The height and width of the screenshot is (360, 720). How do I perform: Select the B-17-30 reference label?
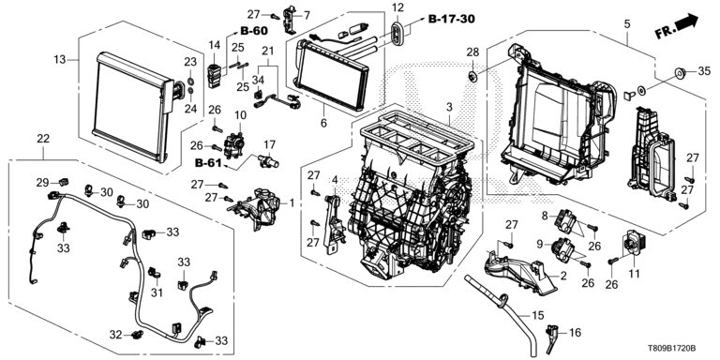tap(451, 19)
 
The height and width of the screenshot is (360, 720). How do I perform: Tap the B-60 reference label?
tap(253, 31)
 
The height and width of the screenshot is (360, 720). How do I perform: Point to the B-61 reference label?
tap(208, 162)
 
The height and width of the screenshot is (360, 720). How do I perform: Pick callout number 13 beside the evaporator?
tap(60, 59)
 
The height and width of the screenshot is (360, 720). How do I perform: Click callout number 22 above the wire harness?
tap(43, 139)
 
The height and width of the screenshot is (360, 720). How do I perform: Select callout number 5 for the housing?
tap(627, 22)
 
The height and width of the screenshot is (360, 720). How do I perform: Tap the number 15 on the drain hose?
tap(538, 315)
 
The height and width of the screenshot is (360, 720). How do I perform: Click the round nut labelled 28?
tap(472, 75)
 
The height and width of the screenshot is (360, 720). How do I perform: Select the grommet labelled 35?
tap(680, 72)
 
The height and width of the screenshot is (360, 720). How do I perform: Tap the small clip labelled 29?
tap(64, 181)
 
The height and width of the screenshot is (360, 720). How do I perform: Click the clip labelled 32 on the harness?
tap(136, 335)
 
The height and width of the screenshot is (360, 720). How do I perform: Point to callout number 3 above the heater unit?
tap(449, 108)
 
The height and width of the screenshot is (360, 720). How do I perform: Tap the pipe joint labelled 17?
tap(268, 160)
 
